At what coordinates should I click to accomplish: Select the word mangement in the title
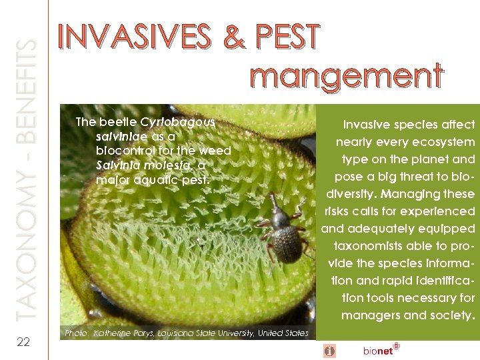pos(347,76)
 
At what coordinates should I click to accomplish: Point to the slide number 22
pos(23,342)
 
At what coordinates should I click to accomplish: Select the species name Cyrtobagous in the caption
pos(177,122)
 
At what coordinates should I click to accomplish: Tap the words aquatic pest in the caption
pos(173,180)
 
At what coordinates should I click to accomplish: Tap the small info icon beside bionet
pos(330,350)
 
